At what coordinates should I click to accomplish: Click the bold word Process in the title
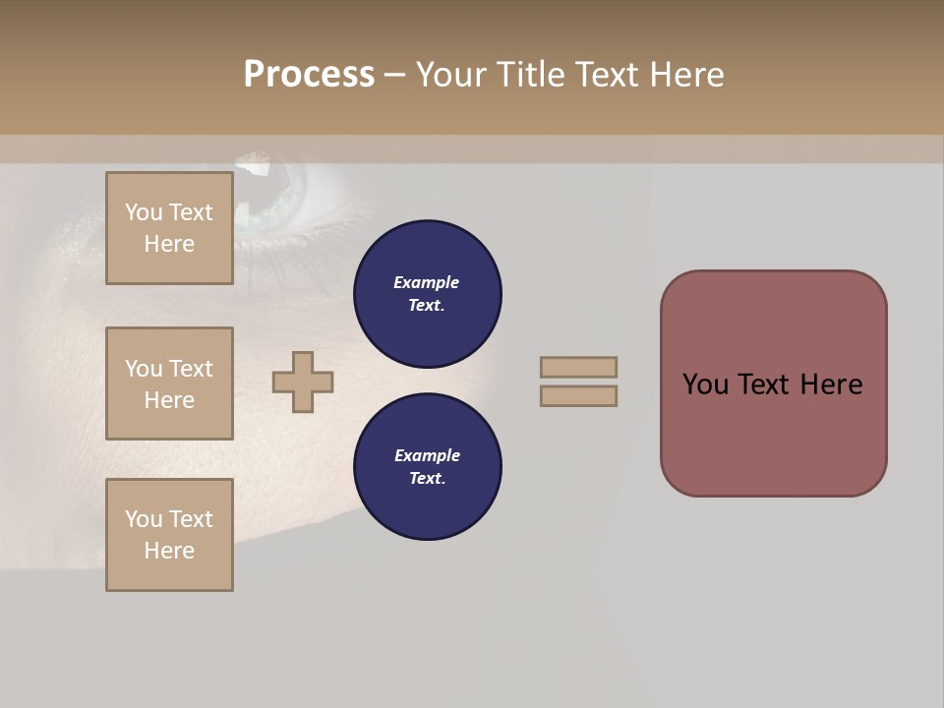[309, 75]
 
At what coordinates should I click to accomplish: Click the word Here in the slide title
[685, 75]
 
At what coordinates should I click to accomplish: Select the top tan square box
[169, 228]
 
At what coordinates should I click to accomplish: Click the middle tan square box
[169, 383]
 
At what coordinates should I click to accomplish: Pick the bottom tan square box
[169, 535]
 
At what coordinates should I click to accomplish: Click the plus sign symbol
[303, 382]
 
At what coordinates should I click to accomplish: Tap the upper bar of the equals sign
[578, 367]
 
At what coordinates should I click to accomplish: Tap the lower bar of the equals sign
[578, 395]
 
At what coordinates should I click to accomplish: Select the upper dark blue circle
[428, 294]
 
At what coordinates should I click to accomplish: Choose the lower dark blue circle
[428, 467]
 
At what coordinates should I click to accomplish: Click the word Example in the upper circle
[427, 282]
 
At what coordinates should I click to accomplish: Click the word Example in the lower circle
[427, 455]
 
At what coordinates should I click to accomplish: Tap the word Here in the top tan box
[169, 244]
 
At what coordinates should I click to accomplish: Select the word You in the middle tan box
[144, 369]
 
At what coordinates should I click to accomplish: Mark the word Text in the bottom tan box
[191, 519]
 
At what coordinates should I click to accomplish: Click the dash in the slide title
[394, 75]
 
